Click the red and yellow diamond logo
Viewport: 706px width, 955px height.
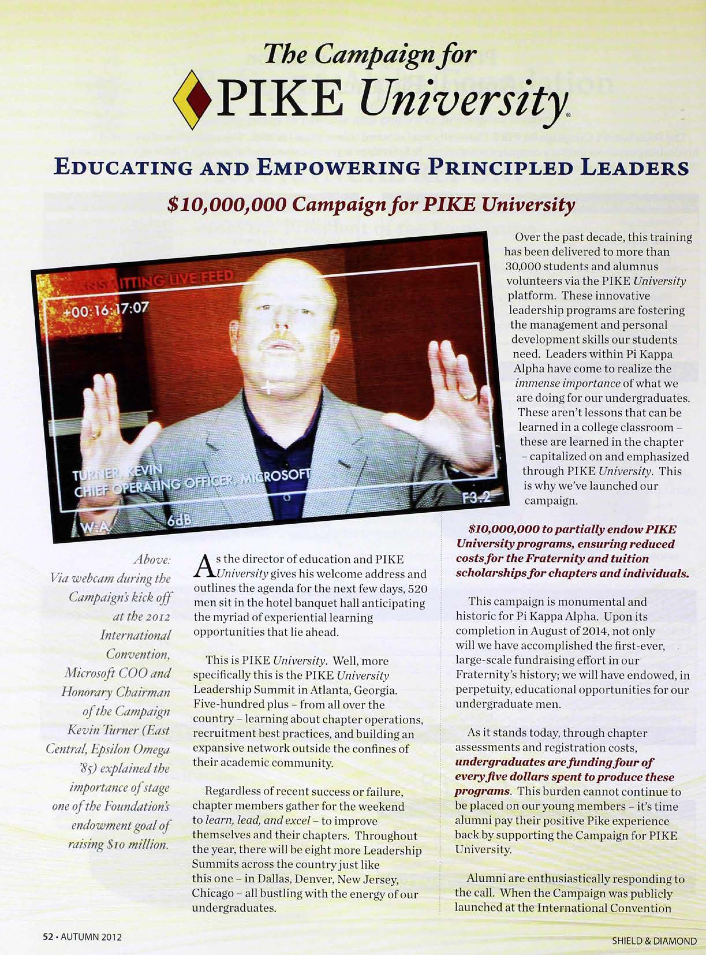pyautogui.click(x=192, y=100)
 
